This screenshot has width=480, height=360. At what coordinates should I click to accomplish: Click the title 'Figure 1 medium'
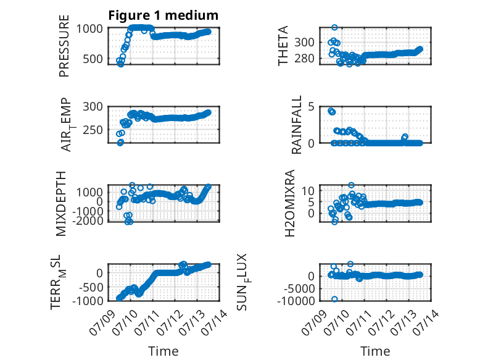pos(163,15)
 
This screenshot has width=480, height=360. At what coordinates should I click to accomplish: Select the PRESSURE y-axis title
pos(64,46)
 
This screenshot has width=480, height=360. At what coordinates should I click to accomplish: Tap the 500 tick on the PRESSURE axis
pos(93,59)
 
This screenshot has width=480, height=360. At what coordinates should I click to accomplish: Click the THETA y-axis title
pos(283,46)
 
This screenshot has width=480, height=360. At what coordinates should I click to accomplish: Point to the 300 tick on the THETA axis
pos(304,42)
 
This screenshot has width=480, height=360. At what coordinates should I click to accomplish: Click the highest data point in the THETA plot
pos(334,27)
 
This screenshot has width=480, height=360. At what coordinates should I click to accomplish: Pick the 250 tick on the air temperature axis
pos(93,130)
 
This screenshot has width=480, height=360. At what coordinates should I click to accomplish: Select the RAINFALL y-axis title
pos(297,125)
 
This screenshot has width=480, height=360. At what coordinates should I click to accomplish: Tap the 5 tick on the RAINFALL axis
pos(312,107)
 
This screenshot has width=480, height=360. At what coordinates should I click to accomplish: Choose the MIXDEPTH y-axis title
pos(61,204)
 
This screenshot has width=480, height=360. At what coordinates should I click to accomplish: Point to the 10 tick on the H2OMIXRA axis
pos(308,191)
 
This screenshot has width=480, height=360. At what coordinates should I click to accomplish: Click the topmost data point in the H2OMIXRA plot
pos(351,185)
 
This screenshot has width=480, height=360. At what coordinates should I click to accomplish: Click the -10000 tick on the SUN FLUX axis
pos(296,301)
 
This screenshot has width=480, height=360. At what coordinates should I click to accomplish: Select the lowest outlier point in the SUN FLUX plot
pos(334,299)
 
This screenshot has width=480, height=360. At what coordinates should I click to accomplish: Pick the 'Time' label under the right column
pos(375,351)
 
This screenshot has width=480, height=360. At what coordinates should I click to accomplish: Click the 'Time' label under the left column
pos(163,351)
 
